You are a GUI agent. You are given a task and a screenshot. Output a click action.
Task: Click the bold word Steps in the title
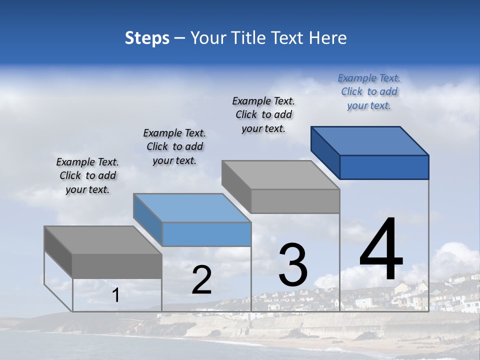(x=147, y=38)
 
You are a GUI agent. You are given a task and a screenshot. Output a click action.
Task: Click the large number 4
(x=381, y=249)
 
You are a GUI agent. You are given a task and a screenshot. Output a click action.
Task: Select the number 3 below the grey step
(x=293, y=265)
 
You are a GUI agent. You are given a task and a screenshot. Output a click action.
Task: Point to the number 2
(x=201, y=280)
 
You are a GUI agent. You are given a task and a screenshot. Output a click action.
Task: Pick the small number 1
(x=116, y=295)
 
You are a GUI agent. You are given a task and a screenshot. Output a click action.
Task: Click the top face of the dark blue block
(x=370, y=140)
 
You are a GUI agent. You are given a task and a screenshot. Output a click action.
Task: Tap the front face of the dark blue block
(x=384, y=167)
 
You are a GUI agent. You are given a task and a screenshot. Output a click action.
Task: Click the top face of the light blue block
(x=192, y=207)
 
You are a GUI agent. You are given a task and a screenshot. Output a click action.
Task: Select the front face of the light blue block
(x=206, y=234)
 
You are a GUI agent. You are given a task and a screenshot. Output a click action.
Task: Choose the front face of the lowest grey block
(x=117, y=266)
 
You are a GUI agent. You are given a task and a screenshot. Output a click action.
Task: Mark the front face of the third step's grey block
(x=295, y=201)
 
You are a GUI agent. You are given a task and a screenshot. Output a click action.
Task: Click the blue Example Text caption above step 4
(x=369, y=91)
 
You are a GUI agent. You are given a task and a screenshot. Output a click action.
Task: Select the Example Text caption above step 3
(x=263, y=114)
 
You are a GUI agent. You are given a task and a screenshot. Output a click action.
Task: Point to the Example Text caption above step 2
(x=174, y=146)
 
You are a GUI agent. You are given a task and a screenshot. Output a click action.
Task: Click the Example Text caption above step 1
(x=87, y=175)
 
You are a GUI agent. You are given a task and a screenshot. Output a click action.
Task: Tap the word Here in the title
(x=328, y=38)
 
